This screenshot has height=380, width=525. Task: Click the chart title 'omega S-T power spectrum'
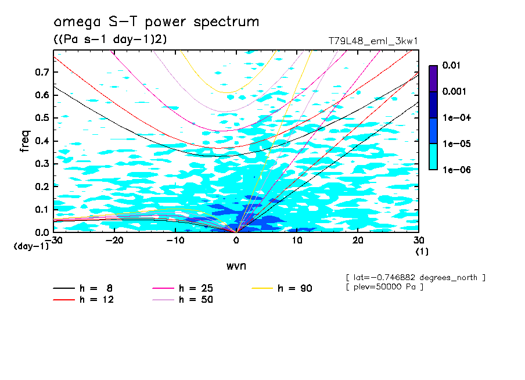tap(156, 23)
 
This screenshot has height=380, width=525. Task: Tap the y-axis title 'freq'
tap(24, 141)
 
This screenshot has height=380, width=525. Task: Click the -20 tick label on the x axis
tap(115, 241)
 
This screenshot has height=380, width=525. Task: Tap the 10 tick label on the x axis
tap(297, 241)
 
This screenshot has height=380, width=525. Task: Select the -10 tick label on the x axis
tap(175, 241)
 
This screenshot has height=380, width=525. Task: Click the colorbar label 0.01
tap(451, 66)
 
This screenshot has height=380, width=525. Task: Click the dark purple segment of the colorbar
tap(433, 78)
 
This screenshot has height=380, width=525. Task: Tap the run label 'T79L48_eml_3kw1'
tap(373, 41)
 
